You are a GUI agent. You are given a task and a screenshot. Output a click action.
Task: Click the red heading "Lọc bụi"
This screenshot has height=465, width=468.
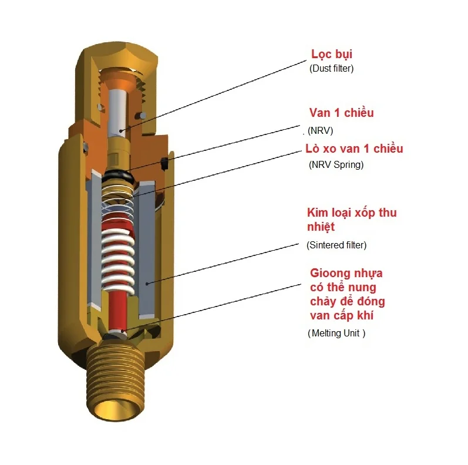click(331, 55)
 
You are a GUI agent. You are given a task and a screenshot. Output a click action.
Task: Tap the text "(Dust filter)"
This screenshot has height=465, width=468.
click(331, 69)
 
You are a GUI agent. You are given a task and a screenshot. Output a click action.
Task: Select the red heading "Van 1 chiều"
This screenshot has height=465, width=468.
click(341, 113)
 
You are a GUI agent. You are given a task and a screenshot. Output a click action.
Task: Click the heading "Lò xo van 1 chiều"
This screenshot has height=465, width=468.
click(354, 149)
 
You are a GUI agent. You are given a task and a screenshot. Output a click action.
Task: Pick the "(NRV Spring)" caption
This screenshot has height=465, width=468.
click(336, 165)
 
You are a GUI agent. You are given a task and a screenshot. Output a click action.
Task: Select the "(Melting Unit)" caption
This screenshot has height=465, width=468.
click(336, 333)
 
